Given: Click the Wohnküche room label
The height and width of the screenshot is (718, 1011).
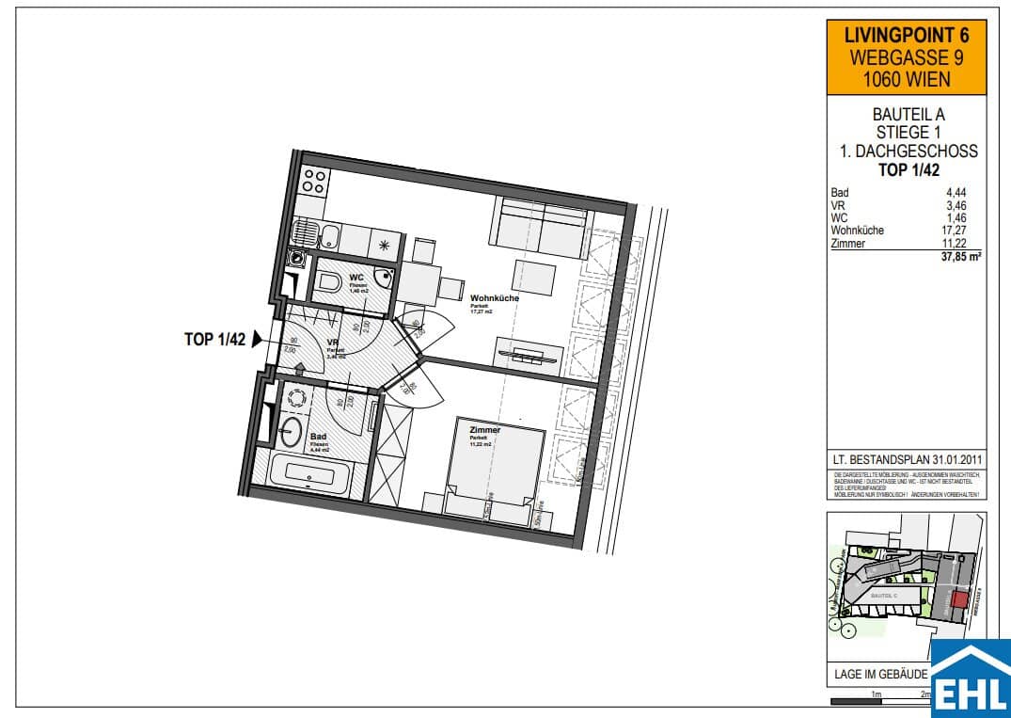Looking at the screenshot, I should pos(494,298).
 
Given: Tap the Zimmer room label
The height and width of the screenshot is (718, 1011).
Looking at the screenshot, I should pos(485,430).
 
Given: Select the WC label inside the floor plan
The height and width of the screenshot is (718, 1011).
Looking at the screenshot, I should pos(356,278).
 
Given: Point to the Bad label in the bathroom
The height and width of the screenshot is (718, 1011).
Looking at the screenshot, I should pos(318,437).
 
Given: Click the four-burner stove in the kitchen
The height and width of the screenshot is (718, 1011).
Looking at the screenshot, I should pos(314,180).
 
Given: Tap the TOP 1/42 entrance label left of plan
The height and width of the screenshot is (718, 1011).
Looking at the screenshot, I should pos(215,340).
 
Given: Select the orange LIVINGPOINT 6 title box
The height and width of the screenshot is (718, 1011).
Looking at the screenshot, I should pos(906,57).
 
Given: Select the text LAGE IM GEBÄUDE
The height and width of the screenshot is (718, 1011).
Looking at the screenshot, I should pos(881,675).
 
